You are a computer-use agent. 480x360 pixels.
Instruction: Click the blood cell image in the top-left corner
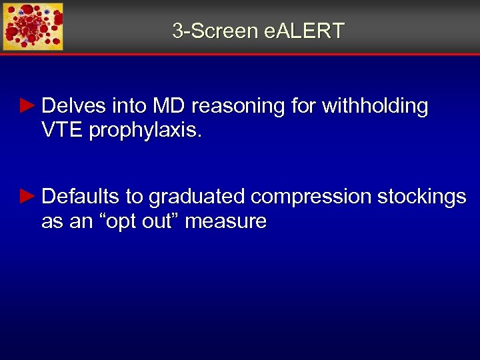(33, 27)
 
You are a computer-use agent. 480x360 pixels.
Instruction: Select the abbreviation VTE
(62, 131)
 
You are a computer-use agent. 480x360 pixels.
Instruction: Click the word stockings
(421, 197)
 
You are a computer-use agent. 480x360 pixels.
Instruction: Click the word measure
(225, 221)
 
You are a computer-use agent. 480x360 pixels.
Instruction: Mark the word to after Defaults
(134, 197)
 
